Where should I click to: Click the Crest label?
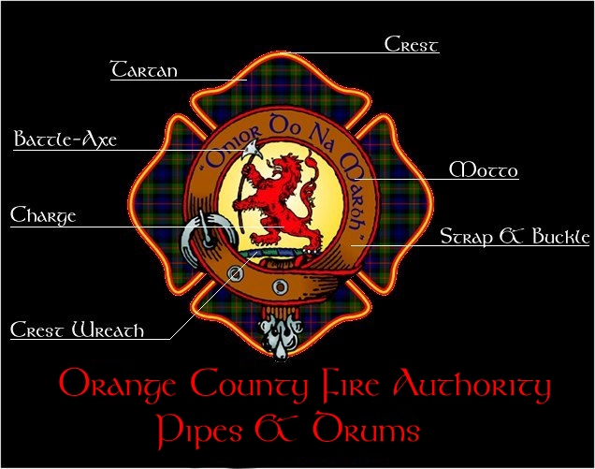coord(412,44)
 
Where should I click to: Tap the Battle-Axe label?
coord(65,140)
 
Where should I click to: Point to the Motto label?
coord(483,170)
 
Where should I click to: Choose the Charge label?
coord(43,216)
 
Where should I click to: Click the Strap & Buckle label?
coord(515,236)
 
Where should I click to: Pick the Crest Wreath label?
coord(77,330)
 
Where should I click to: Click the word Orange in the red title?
coord(118,385)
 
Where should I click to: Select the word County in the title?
coord(248,385)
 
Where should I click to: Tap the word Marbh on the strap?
coord(345,169)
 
